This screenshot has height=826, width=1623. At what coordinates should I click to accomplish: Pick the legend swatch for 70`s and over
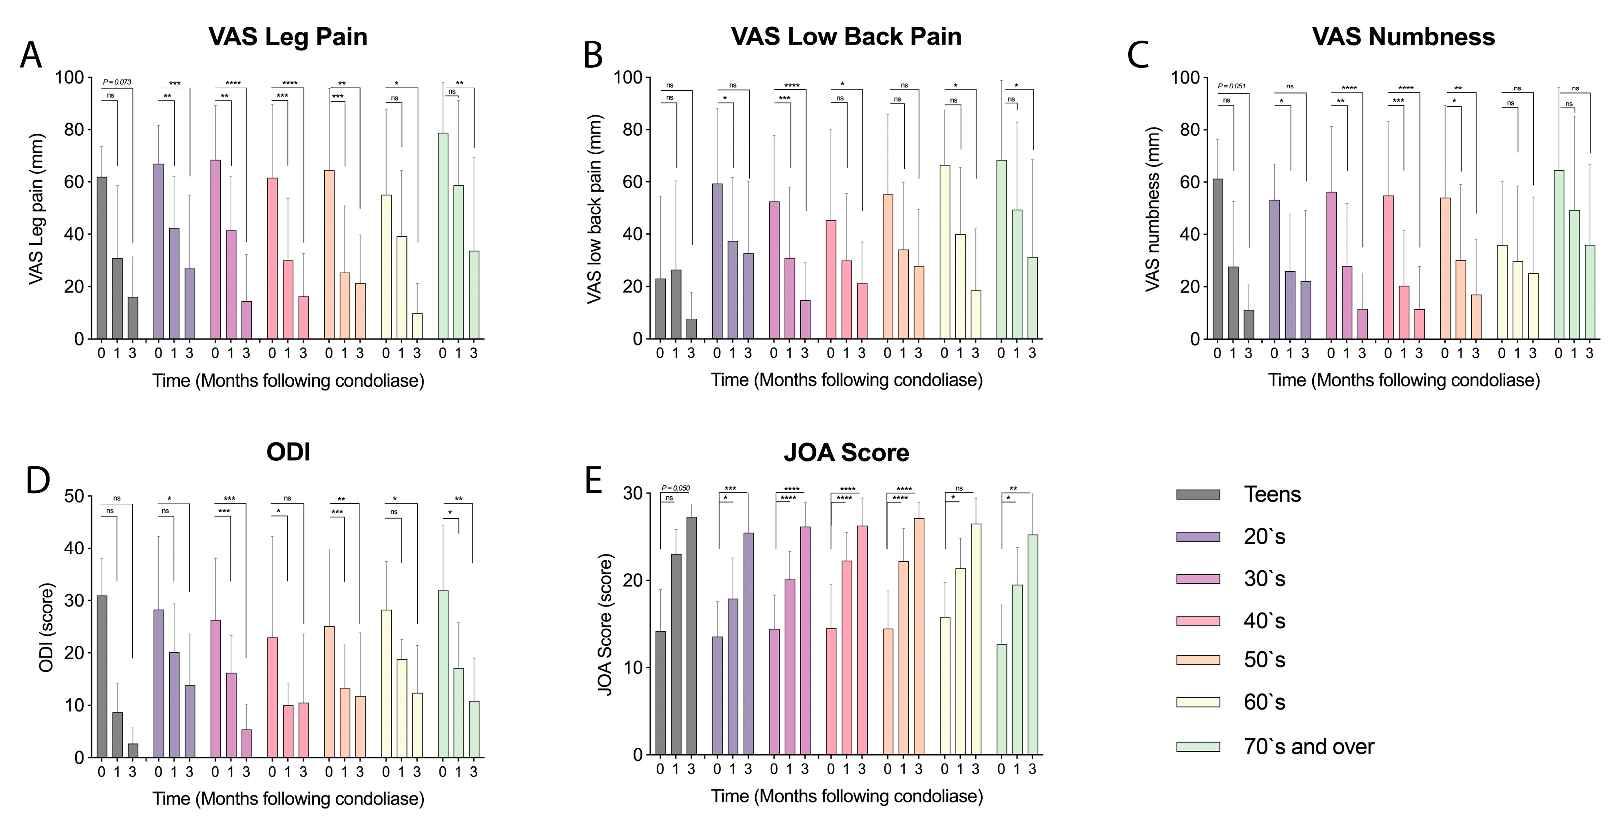click(1198, 746)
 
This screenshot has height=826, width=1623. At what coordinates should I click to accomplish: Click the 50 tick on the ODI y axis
click(74, 496)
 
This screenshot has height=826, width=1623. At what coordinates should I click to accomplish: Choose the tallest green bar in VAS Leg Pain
click(443, 236)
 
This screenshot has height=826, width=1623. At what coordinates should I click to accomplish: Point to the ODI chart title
click(288, 452)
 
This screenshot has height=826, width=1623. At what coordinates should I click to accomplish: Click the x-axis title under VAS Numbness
click(1404, 380)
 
